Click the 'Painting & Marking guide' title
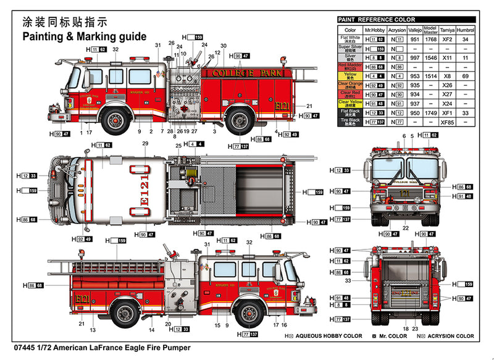85,36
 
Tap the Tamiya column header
447,30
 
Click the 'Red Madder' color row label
350,66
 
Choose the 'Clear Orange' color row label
350,85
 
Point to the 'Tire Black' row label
350,122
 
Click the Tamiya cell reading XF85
447,122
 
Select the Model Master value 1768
430,39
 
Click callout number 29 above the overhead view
145,144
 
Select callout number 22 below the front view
406,228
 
